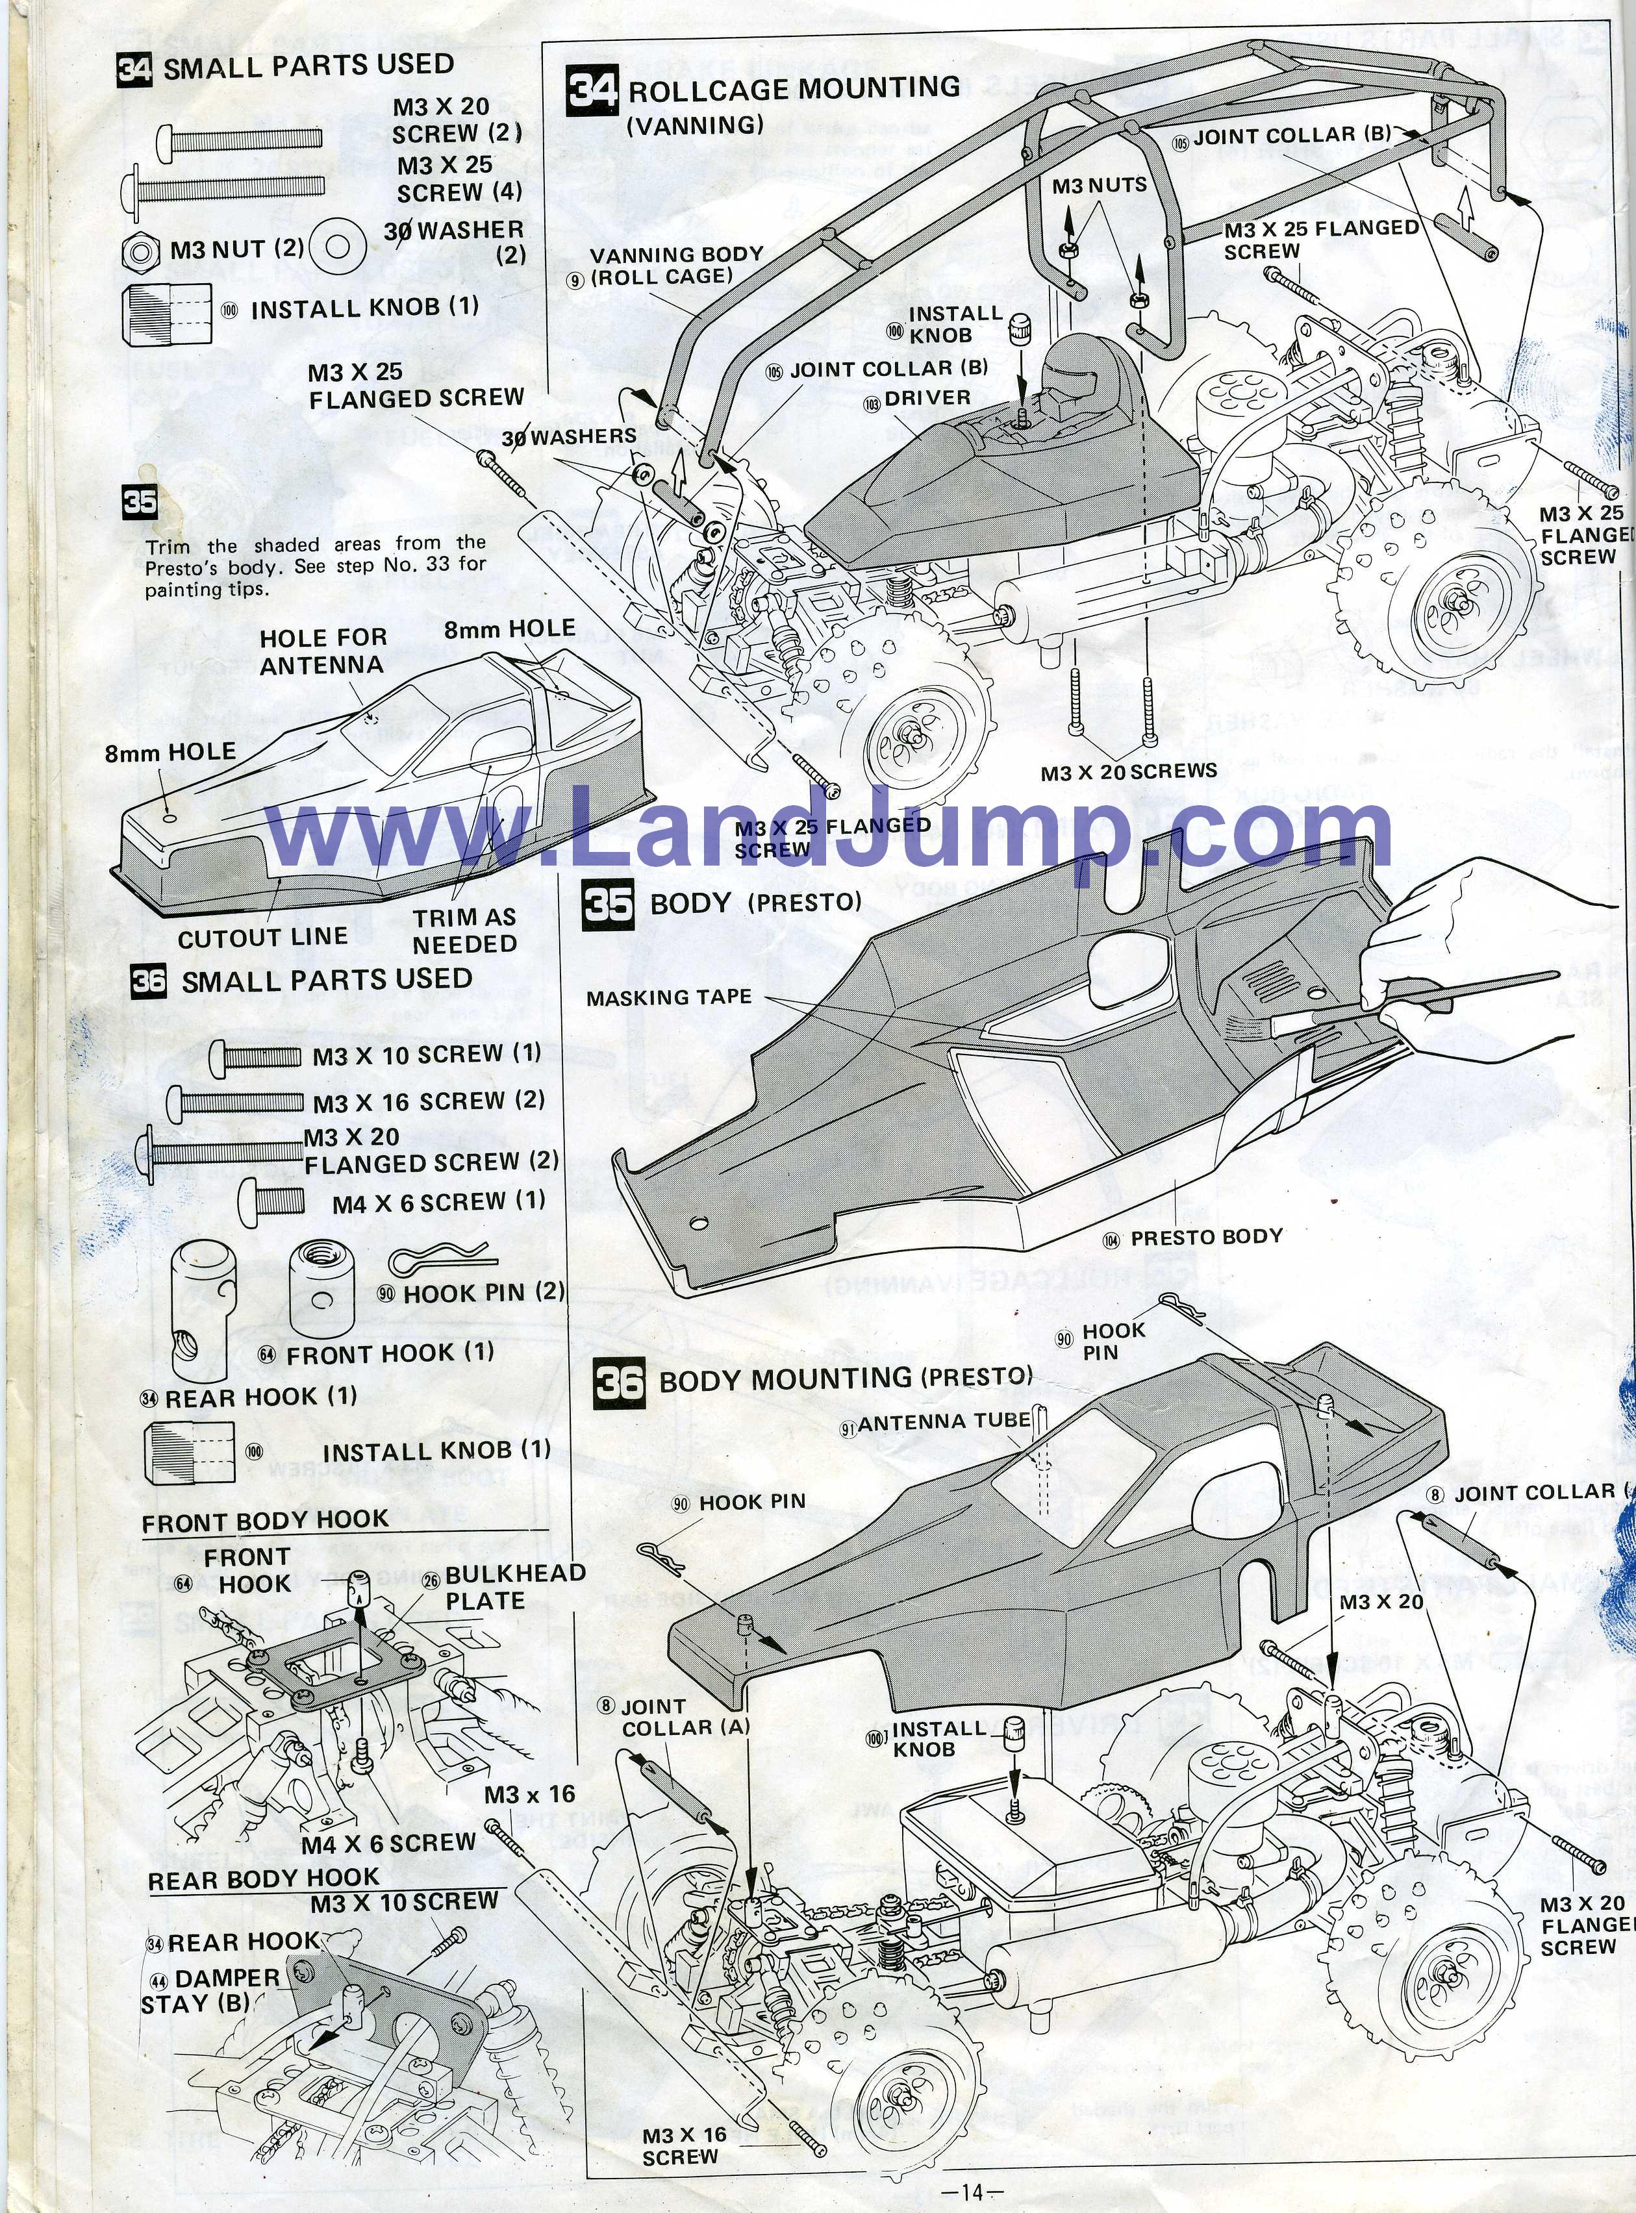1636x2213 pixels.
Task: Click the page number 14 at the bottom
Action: tap(974, 2191)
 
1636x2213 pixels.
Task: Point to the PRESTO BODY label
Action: tap(1205, 1237)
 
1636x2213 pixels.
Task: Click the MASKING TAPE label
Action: tap(668, 997)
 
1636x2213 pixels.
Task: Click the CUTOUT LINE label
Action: tap(262, 936)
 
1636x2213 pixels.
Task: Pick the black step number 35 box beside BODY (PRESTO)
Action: tap(608, 904)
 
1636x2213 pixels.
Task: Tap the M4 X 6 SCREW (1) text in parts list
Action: tap(438, 1202)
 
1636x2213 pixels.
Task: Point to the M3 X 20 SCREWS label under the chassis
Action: tap(1128, 770)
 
